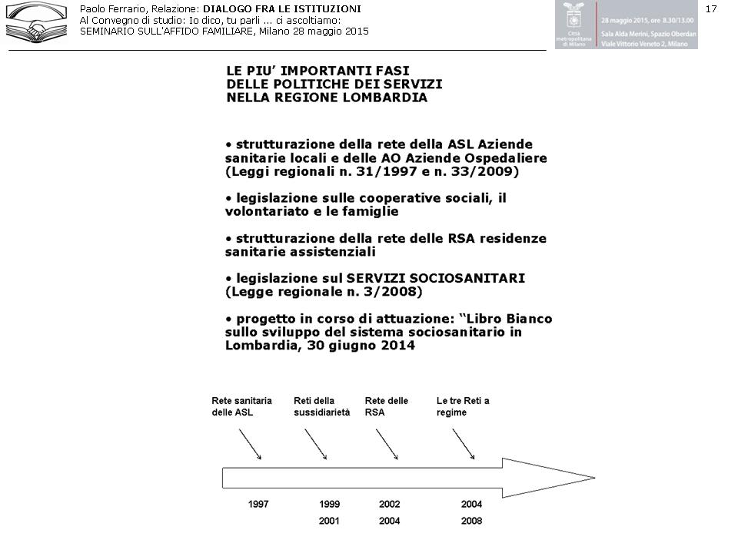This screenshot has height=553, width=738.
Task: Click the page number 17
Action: tap(710, 8)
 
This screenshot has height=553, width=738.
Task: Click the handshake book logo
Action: tap(36, 22)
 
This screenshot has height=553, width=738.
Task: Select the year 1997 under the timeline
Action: tap(258, 505)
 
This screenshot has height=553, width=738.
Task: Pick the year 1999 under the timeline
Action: tap(330, 505)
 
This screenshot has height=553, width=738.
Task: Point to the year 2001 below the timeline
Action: tap(330, 522)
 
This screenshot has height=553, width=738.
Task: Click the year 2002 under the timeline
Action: tap(390, 505)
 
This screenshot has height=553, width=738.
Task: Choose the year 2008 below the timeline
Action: tap(471, 522)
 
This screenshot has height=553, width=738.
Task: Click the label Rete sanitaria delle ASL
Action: tap(241, 407)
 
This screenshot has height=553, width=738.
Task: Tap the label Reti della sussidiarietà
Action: tap(321, 407)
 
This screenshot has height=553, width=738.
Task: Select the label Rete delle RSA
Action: tap(386, 407)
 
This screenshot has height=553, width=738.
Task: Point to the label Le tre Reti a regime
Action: tap(463, 407)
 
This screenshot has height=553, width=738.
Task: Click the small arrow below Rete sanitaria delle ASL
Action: tap(251, 444)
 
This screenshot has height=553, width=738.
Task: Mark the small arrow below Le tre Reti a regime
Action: tap(463, 444)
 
